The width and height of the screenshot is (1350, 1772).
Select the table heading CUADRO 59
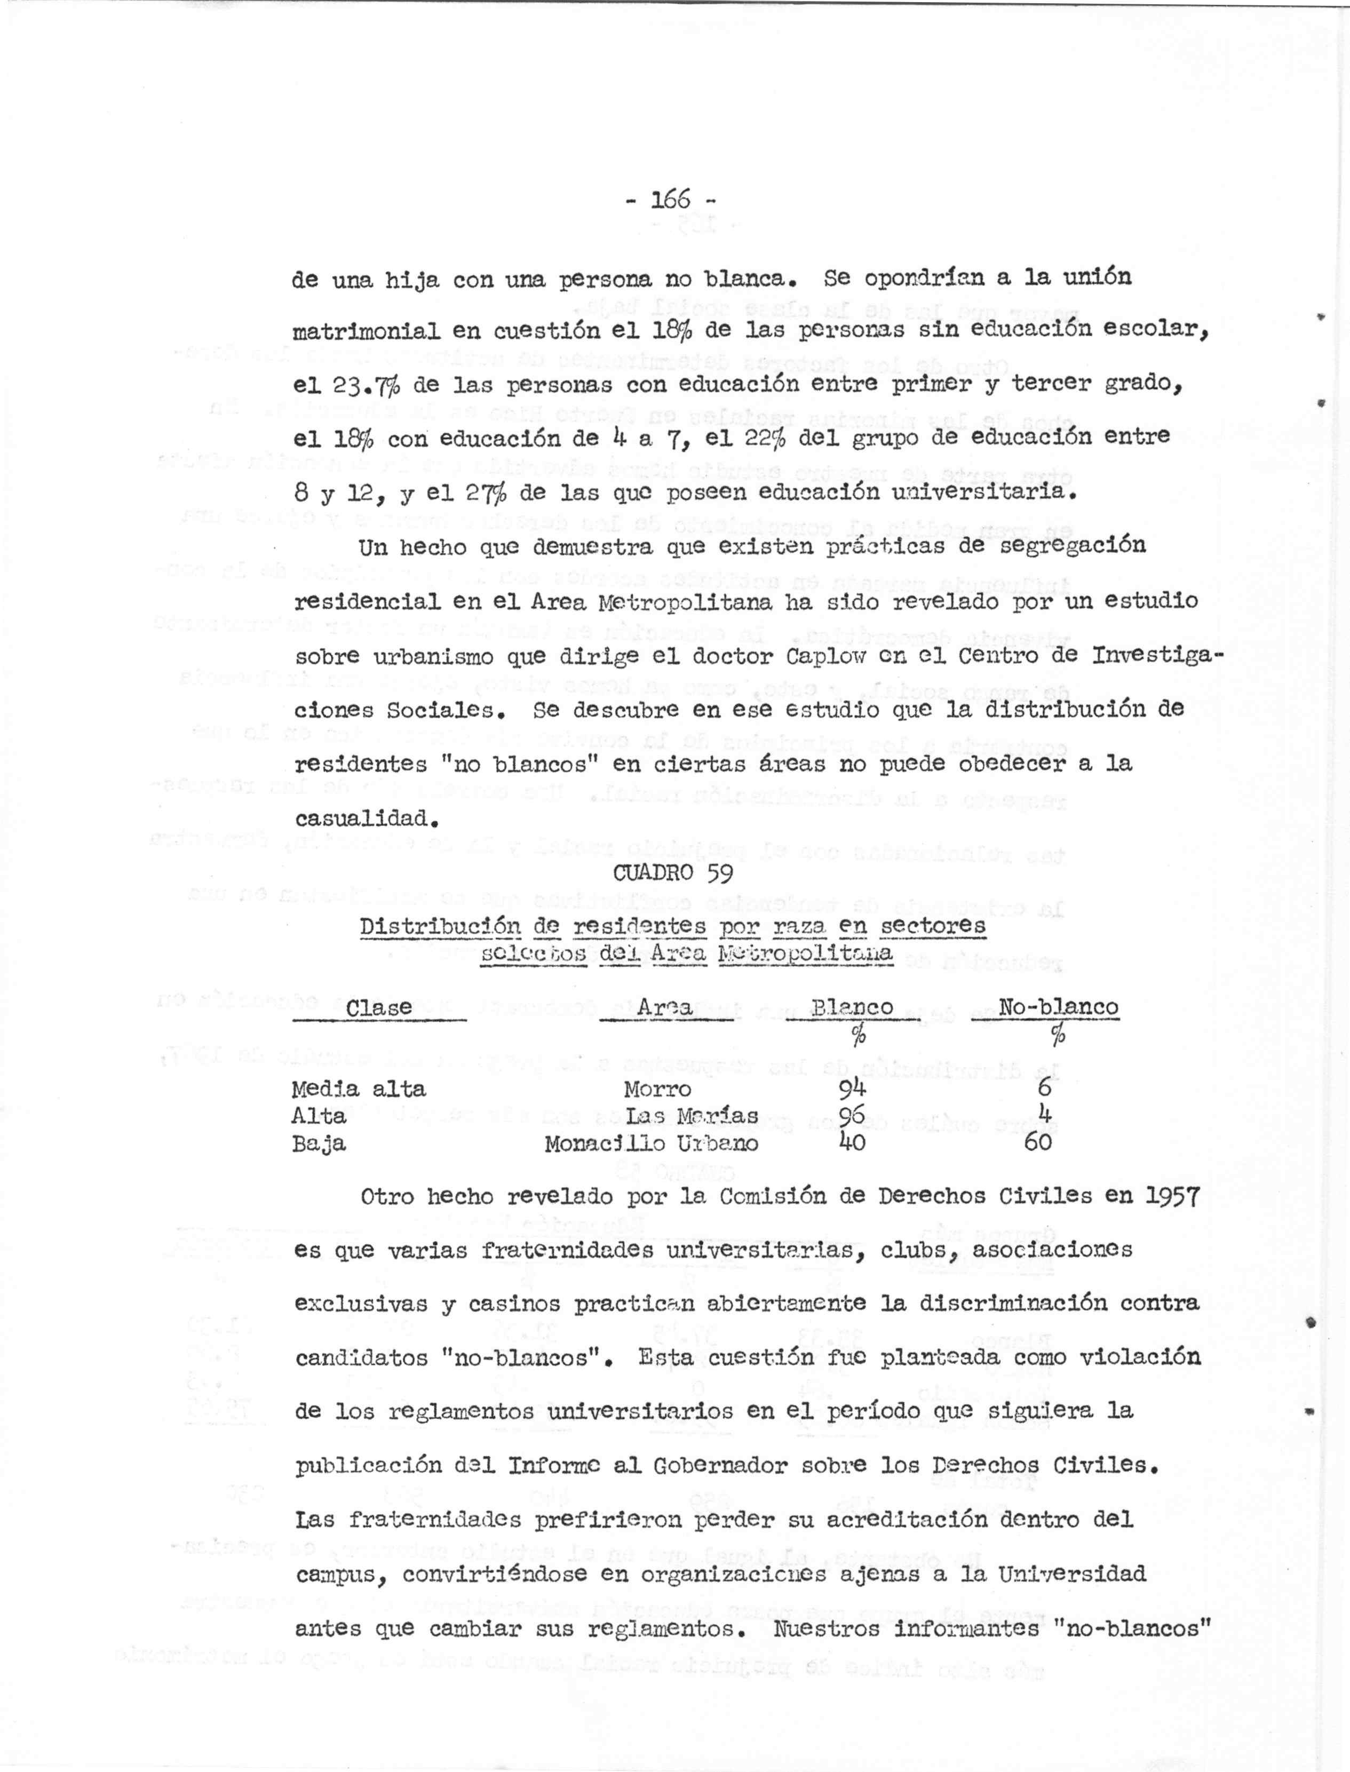click(x=672, y=873)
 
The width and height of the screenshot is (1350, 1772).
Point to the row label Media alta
click(x=359, y=1089)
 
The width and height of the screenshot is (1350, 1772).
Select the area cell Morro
click(x=657, y=1089)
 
